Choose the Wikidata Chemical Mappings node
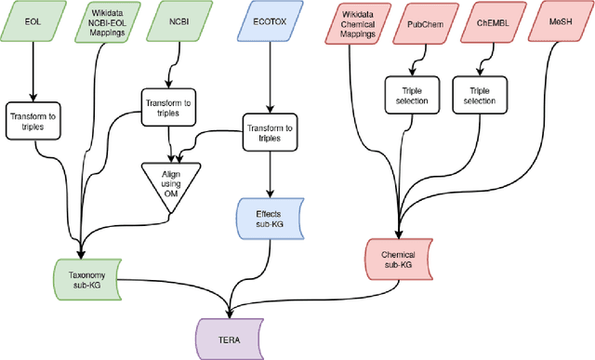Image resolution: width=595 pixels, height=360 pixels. pyautogui.click(x=350, y=22)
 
